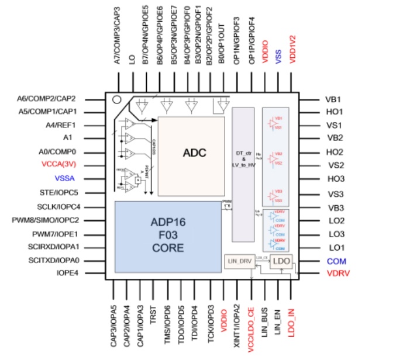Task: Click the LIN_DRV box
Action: (x=239, y=261)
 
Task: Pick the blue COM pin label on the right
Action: (x=336, y=261)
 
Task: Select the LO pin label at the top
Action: (x=132, y=58)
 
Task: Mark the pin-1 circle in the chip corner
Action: (x=117, y=100)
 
